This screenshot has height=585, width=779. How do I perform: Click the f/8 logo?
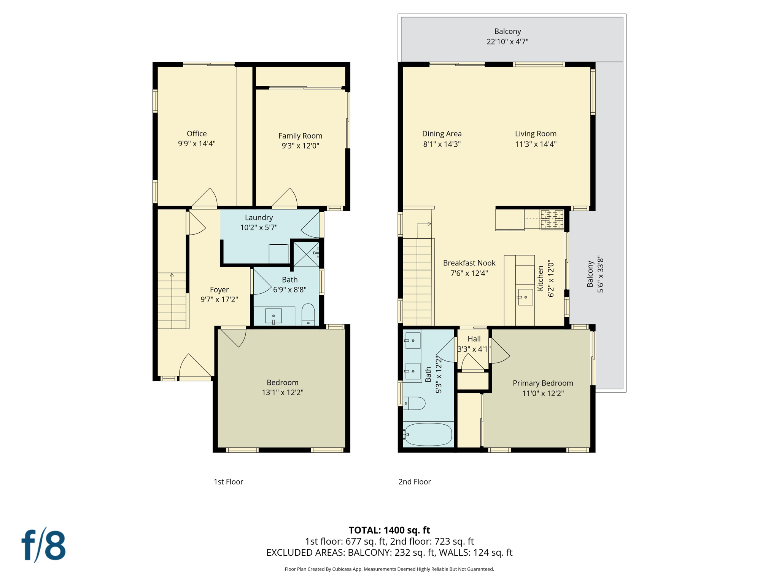click(43, 545)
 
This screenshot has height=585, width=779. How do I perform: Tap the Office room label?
click(197, 134)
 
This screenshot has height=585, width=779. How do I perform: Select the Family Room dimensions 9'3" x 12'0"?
click(300, 146)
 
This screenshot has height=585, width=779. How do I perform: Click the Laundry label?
click(259, 217)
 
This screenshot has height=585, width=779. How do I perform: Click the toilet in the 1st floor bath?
click(308, 314)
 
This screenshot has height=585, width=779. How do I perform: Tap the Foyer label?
click(219, 290)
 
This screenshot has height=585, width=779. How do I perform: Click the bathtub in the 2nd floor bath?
click(428, 434)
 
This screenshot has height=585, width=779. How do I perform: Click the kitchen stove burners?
click(552, 220)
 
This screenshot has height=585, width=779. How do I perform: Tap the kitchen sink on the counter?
click(525, 297)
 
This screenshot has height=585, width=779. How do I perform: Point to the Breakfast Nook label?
click(469, 263)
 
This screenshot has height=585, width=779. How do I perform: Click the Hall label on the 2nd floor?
click(474, 339)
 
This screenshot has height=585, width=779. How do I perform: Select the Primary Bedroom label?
click(542, 383)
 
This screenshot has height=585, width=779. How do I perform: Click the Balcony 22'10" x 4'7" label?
click(507, 37)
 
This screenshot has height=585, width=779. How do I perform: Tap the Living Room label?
click(536, 134)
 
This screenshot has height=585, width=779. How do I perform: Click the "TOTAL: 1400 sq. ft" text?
click(389, 530)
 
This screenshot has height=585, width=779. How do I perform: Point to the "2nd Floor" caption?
click(414, 481)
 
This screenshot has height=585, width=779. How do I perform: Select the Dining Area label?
click(442, 134)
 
